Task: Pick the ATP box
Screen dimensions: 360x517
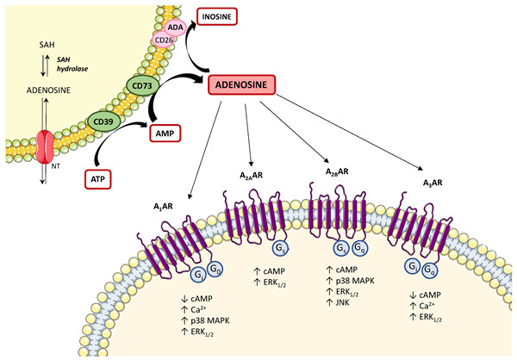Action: [100, 179]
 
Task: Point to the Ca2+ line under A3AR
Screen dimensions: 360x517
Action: [422, 307]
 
